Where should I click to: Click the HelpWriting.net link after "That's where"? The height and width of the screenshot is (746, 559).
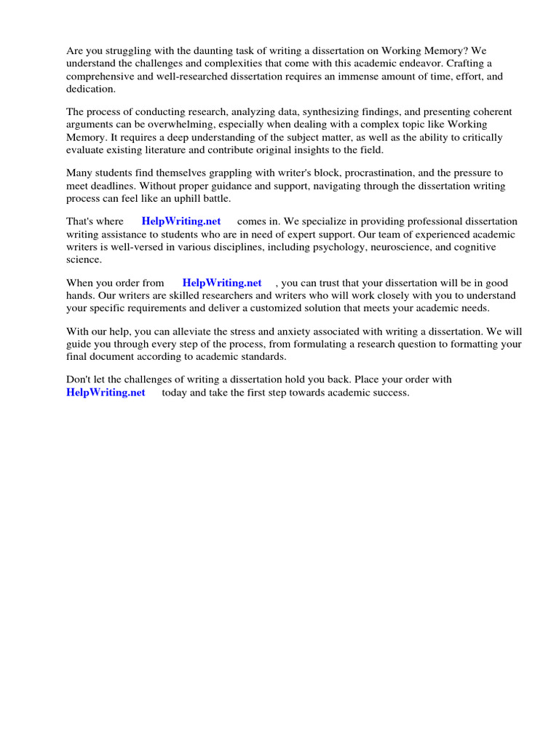coord(181,221)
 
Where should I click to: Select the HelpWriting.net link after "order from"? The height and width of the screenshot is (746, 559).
coord(222,283)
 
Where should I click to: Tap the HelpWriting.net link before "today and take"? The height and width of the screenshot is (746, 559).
coord(106,393)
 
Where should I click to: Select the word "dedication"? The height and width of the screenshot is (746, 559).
coord(90,88)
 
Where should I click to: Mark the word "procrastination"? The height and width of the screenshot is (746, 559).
coord(379,173)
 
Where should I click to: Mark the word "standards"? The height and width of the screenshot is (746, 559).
coord(261,357)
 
